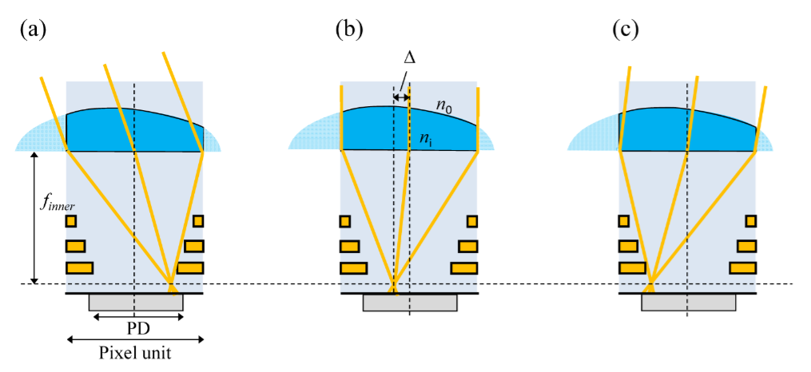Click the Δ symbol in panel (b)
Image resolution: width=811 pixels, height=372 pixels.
[x=410, y=59]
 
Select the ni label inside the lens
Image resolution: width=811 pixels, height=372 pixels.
[x=427, y=138]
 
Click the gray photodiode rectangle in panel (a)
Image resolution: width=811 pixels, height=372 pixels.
[x=136, y=303]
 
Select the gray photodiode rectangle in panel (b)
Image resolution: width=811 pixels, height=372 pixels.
[x=410, y=303]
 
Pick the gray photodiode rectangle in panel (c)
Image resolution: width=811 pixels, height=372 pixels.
[x=688, y=303]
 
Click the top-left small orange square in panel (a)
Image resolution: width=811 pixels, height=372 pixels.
[x=71, y=221]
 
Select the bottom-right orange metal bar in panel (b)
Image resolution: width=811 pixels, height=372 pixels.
[x=464, y=267]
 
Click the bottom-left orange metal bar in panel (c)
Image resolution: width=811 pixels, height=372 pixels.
[x=633, y=267]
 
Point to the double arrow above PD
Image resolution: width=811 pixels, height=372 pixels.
[x=139, y=317]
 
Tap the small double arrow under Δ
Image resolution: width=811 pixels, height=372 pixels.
[x=401, y=97]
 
